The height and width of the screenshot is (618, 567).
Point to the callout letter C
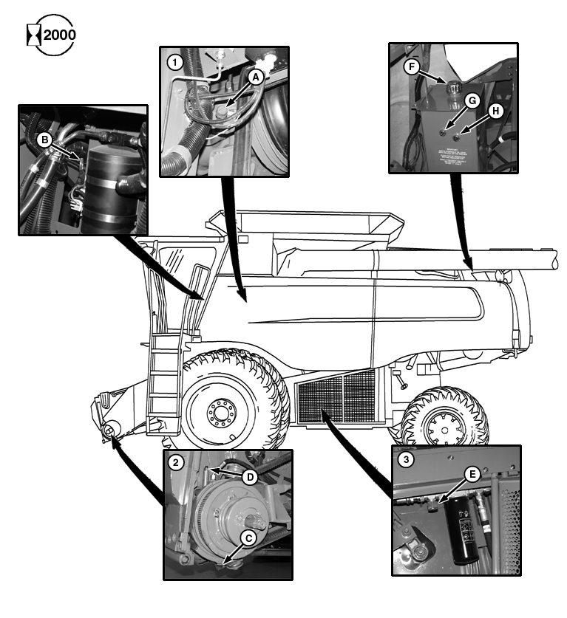pos(250,538)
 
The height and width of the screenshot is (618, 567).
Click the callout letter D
pos(251,478)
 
